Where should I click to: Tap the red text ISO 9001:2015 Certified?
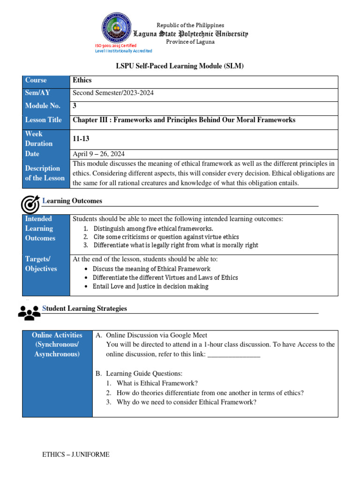click(116, 45)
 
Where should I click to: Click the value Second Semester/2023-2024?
click(113, 93)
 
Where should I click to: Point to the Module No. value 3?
click(75, 106)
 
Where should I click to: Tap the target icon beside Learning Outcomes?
click(30, 204)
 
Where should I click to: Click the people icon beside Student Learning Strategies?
click(29, 312)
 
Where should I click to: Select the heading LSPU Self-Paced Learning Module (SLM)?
click(180, 66)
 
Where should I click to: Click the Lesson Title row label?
click(43, 120)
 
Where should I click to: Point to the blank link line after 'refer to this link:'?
click(233, 354)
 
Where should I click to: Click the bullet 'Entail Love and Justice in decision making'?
click(150, 286)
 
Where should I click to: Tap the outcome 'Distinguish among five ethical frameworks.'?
click(153, 229)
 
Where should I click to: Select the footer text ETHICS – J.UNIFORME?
click(76, 454)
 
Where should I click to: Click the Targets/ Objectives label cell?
click(41, 264)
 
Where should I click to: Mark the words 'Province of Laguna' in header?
click(190, 42)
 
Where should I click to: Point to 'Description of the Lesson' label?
click(43, 173)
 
